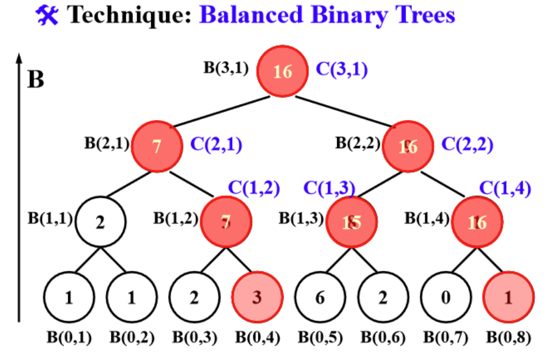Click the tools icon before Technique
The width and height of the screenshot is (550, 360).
click(x=48, y=14)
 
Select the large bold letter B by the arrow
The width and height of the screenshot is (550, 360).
click(x=36, y=79)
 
